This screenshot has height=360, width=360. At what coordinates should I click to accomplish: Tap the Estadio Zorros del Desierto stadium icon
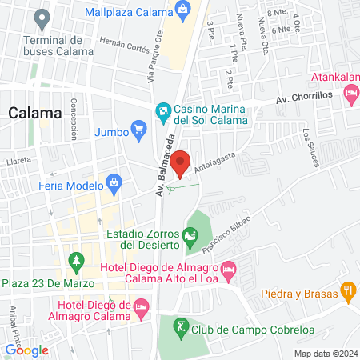[190, 236]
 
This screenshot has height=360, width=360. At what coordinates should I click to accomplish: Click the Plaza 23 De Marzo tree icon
[77, 261]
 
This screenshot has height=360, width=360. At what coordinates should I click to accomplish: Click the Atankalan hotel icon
[350, 94]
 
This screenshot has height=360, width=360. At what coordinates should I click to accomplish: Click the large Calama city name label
[35, 113]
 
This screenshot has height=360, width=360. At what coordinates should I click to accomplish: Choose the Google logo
[26, 350]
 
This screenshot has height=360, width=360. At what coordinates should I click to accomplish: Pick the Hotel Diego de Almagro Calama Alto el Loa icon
[228, 268]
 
